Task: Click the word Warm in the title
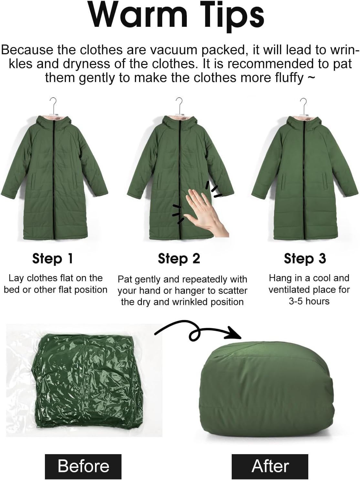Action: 137,15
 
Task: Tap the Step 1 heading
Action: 53,258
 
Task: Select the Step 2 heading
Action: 179,259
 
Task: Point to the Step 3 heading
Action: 305,258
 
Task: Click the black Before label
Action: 83,466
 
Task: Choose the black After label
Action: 270,466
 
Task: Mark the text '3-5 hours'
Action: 309,301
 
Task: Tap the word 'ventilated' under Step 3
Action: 290,289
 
